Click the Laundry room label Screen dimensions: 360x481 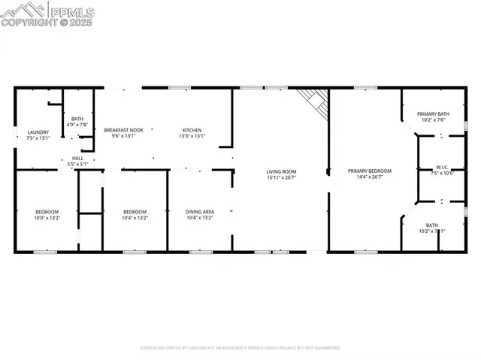click(x=38, y=132)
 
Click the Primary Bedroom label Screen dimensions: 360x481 click(x=365, y=171)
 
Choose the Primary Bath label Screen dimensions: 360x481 click(x=432, y=113)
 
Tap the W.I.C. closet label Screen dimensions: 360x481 click(x=442, y=167)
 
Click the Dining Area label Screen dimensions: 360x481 click(x=200, y=212)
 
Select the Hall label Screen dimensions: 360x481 click(x=78, y=158)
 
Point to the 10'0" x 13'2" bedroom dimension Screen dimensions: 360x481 click(x=47, y=218)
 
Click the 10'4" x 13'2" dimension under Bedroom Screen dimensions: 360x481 click(x=135, y=218)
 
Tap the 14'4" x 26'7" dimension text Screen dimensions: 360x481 click(x=365, y=177)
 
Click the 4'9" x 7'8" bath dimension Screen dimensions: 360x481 click(x=78, y=124)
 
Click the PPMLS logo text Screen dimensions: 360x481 click(x=72, y=11)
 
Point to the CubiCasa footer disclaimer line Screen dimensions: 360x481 click(x=240, y=348)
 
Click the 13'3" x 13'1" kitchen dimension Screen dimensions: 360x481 click(x=192, y=137)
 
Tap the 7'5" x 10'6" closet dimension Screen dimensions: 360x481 click(x=442, y=173)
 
